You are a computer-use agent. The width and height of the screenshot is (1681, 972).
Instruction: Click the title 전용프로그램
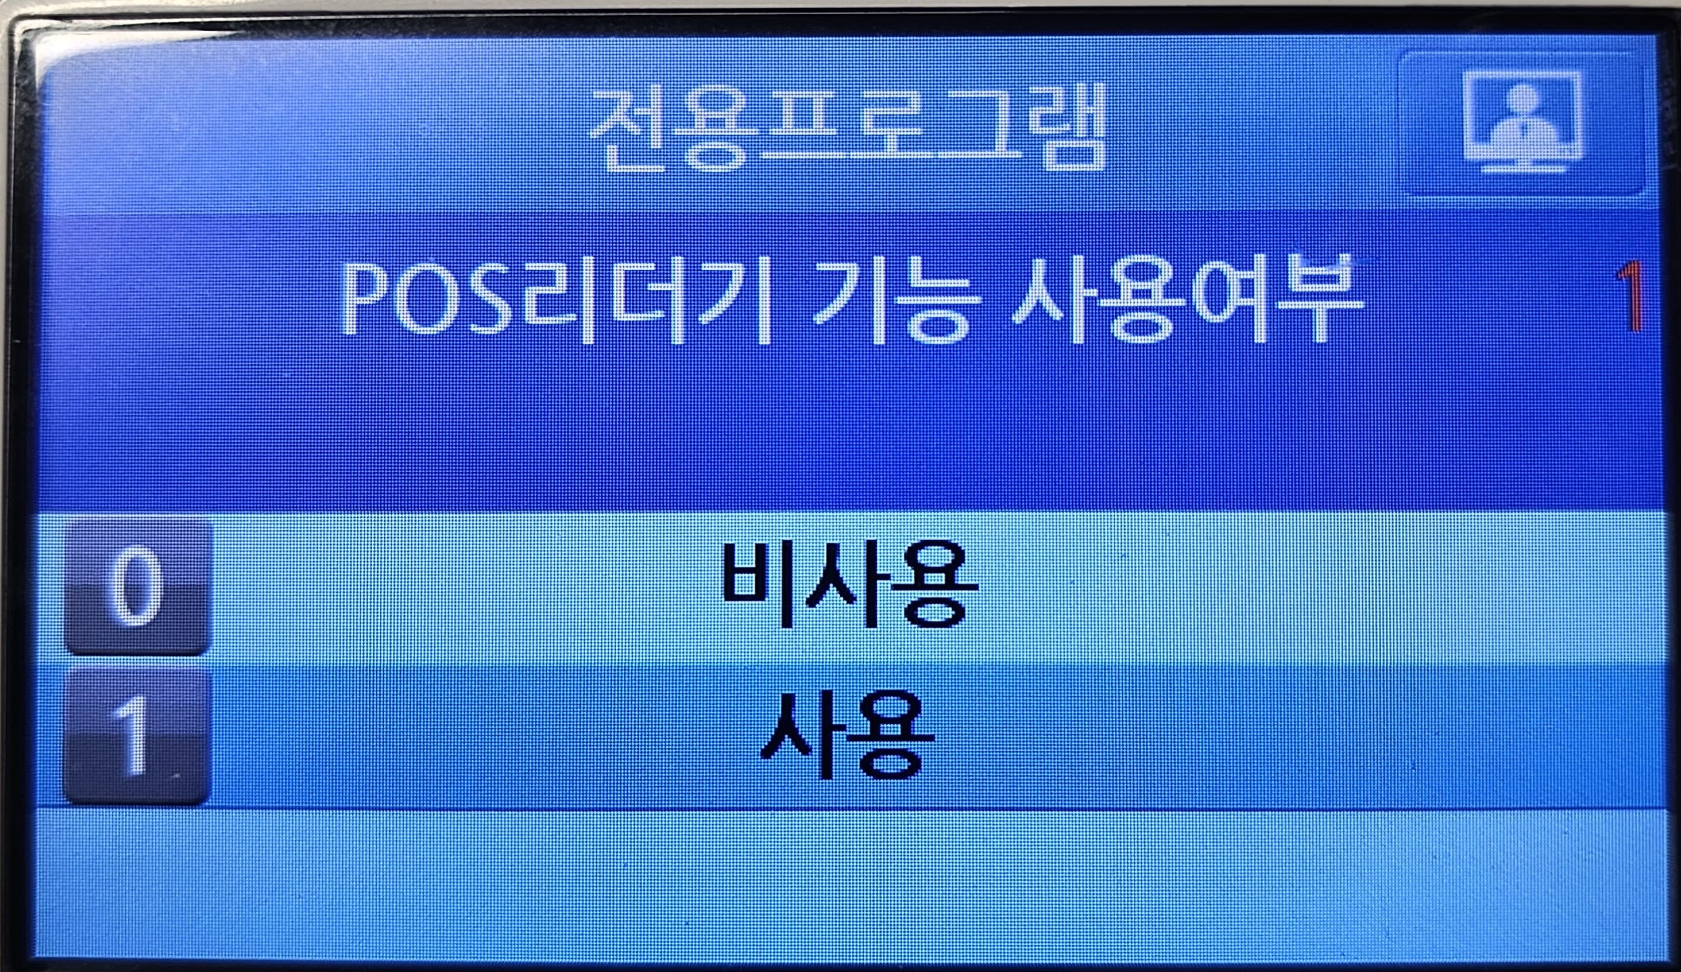tap(847, 126)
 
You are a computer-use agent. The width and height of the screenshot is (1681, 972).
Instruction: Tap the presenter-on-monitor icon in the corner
tap(1521, 122)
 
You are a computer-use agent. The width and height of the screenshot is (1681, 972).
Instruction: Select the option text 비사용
tap(849, 584)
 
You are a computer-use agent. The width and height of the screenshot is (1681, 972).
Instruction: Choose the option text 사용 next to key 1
tap(848, 735)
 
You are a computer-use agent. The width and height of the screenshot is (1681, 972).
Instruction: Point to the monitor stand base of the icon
tap(1522, 166)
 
